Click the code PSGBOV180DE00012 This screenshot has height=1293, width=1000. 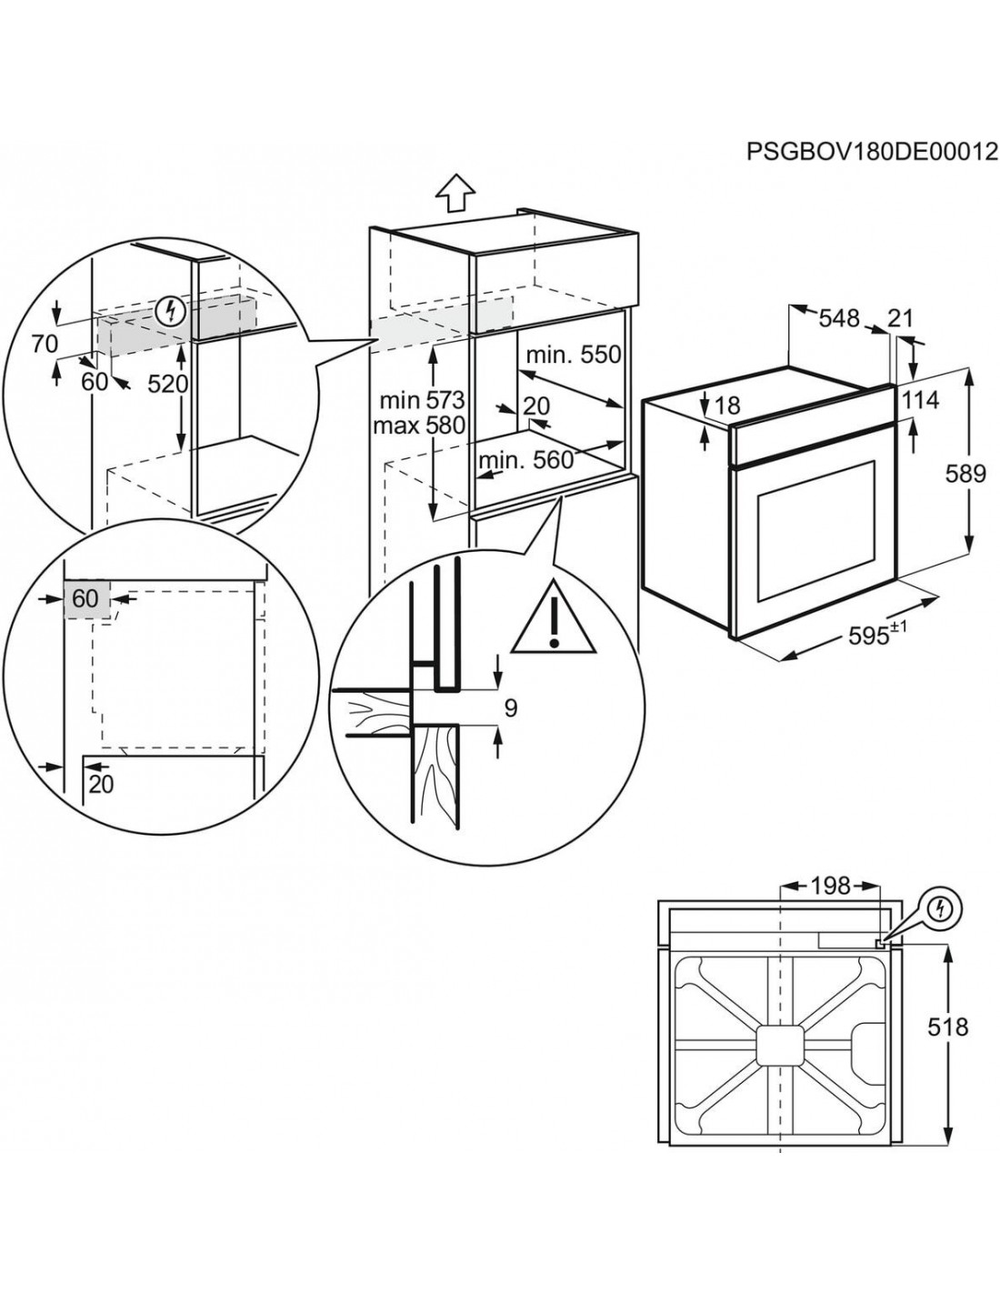(x=872, y=151)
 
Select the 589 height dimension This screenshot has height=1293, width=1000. (x=965, y=473)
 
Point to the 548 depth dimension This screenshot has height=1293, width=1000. (x=838, y=318)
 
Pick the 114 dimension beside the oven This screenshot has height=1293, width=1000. (x=921, y=399)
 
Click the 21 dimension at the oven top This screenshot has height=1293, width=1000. (x=899, y=318)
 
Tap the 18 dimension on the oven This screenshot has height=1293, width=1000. (x=728, y=406)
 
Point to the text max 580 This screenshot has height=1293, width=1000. (x=422, y=425)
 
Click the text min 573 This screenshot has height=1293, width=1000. (x=422, y=399)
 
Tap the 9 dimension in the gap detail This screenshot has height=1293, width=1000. (x=510, y=707)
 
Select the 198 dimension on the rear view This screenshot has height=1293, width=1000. (x=830, y=885)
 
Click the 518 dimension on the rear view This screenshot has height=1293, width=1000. (x=949, y=1027)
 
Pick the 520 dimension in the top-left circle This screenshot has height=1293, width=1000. (x=168, y=384)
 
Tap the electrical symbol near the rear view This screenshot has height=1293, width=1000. (x=943, y=907)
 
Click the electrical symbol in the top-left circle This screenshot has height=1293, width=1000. (x=168, y=312)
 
